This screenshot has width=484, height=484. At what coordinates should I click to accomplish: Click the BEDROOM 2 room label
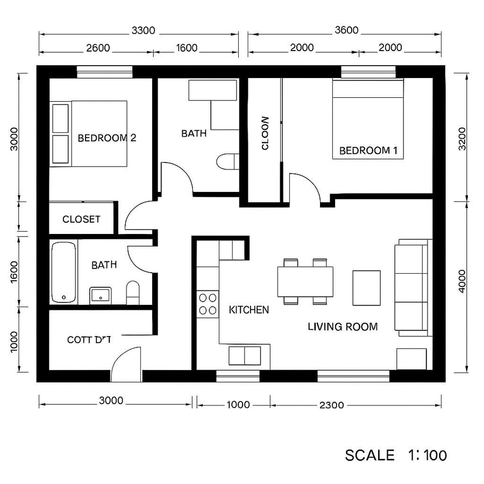[107, 138]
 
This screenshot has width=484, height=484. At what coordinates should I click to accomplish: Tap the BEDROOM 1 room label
[368, 151]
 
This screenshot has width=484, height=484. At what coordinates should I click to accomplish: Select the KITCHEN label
[249, 310]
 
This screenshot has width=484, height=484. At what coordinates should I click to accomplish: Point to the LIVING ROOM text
[343, 326]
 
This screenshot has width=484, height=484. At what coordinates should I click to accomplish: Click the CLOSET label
[81, 219]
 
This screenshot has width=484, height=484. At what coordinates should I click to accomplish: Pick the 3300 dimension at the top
[143, 31]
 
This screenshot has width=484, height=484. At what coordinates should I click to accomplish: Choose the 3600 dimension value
[346, 31]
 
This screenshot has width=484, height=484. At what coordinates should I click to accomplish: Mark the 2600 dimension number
[98, 48]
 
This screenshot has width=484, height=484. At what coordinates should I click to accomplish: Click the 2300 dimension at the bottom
[332, 405]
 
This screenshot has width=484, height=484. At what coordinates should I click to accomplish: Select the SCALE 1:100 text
[396, 455]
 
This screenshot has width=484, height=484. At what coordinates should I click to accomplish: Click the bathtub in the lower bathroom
[63, 272]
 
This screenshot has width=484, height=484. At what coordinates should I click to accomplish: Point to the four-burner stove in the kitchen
[208, 303]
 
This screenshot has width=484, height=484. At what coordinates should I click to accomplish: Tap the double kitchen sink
[245, 355]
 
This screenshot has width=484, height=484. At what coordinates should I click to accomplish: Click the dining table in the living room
[305, 281]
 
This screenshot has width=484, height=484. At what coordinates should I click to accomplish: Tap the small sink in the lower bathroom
[100, 295]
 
